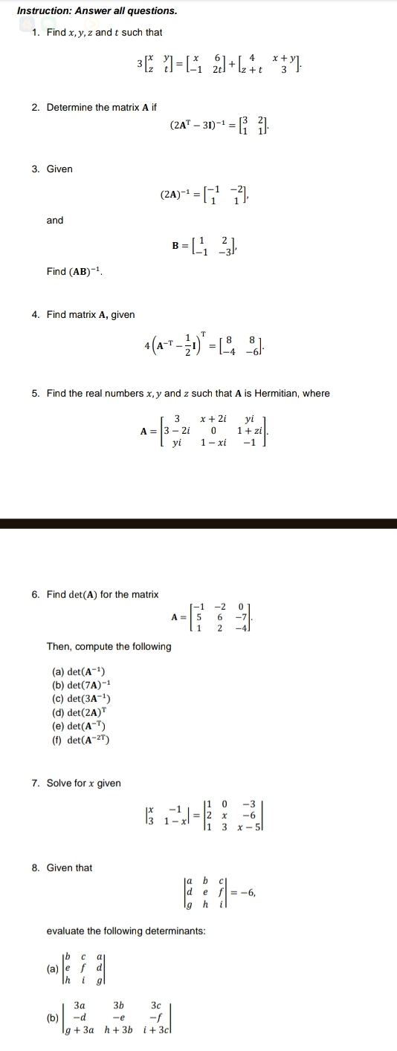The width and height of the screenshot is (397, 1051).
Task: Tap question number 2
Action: point(35,108)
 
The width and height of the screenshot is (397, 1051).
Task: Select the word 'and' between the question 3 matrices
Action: point(55,220)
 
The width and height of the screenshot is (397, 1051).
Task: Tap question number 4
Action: point(35,315)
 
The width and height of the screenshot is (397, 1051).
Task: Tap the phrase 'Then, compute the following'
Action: point(109,646)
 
